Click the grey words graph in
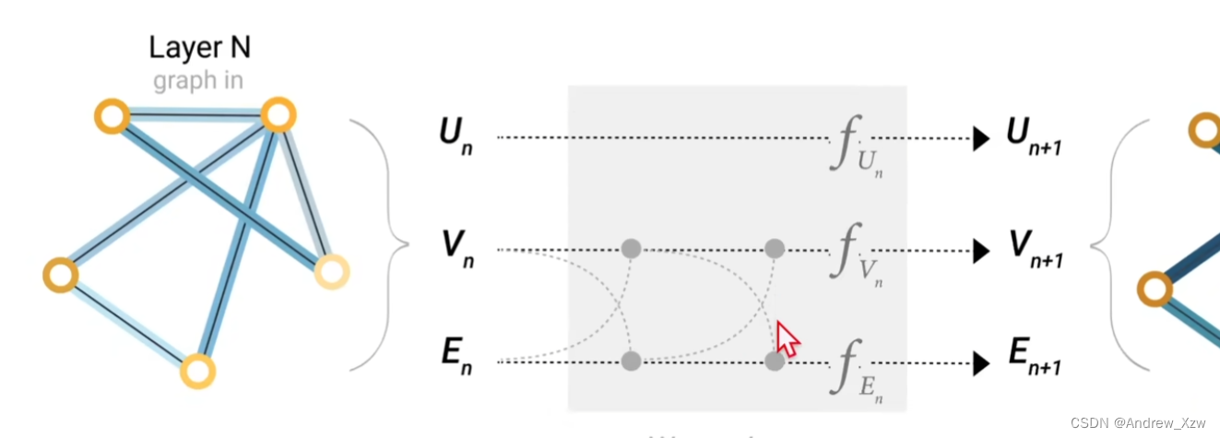click(197, 80)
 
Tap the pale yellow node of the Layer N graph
click(331, 271)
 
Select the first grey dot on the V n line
click(631, 248)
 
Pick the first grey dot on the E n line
click(631, 361)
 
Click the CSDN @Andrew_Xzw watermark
click(1139, 421)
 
